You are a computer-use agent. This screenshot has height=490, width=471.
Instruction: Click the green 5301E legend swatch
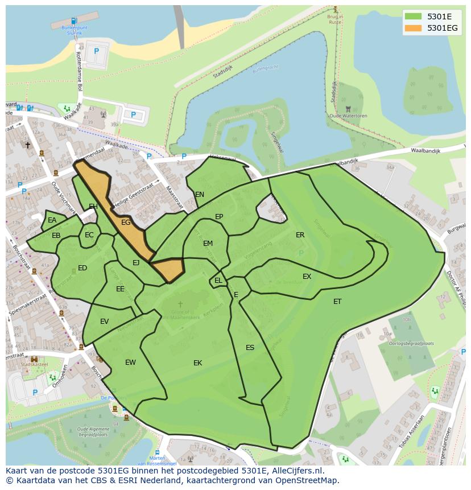click(413, 17)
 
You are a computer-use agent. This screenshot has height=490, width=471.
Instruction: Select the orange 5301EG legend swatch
click(413, 28)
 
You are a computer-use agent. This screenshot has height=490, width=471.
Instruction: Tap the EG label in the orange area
click(126, 223)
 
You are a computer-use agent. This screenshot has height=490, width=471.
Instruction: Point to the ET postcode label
click(337, 302)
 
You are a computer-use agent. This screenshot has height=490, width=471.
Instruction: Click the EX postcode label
click(307, 277)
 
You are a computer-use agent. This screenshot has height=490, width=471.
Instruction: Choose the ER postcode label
click(300, 235)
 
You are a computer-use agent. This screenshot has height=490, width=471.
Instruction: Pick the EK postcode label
click(197, 363)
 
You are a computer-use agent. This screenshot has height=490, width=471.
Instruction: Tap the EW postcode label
click(130, 363)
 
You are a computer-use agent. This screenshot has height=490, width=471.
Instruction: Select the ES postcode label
click(250, 348)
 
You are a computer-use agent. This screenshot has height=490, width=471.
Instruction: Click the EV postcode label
click(104, 322)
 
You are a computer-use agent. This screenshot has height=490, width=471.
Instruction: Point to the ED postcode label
click(82, 268)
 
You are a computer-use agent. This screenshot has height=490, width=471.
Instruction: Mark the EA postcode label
click(52, 220)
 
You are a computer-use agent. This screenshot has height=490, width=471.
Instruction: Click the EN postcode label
click(200, 195)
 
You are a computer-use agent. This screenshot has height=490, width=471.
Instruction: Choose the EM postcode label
click(208, 244)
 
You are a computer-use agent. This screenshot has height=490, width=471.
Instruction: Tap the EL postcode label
click(218, 281)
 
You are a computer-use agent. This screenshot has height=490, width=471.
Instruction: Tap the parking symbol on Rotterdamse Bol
click(96, 51)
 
